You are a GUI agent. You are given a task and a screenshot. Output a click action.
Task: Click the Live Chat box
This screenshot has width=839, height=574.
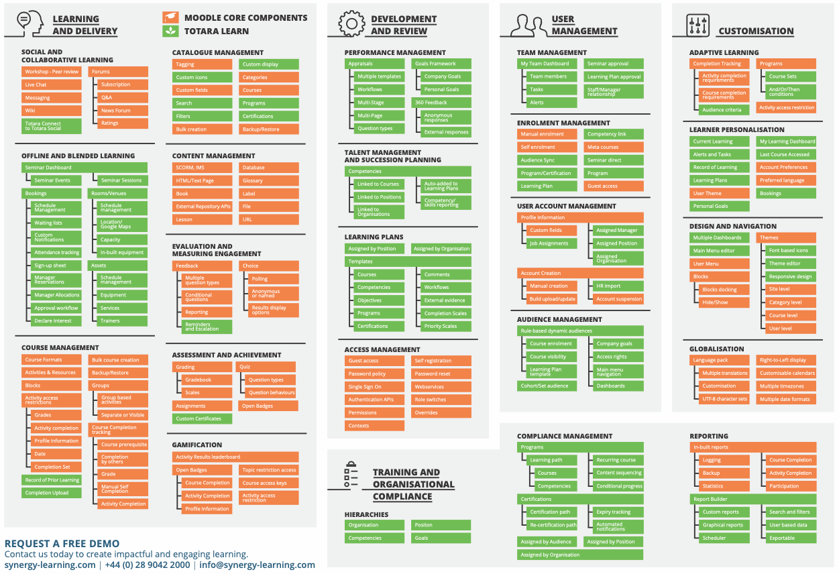tap(51, 84)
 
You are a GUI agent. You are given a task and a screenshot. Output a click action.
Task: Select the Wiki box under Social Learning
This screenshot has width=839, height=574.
tap(51, 111)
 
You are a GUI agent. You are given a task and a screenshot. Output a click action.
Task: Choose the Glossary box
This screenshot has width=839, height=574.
tap(268, 180)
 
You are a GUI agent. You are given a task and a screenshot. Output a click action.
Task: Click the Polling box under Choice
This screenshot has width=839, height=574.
tap(273, 279)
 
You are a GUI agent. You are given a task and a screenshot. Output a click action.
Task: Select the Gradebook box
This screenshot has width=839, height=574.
tap(207, 380)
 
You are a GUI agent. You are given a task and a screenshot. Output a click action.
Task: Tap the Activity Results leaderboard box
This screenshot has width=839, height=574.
tap(235, 457)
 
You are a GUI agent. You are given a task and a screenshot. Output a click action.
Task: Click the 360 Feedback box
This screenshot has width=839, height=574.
tap(441, 103)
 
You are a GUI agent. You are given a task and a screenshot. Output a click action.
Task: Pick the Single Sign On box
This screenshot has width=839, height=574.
tap(374, 387)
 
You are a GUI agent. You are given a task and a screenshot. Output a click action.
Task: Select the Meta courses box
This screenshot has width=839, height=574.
tap(613, 147)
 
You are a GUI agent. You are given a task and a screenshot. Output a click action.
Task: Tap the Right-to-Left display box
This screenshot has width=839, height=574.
tap(786, 360)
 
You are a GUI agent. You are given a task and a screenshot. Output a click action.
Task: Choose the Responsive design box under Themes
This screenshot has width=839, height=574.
tap(791, 276)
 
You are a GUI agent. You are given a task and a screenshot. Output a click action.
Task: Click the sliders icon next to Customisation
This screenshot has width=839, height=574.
tap(697, 25)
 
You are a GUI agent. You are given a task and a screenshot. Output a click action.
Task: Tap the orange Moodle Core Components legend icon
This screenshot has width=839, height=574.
tap(170, 18)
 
